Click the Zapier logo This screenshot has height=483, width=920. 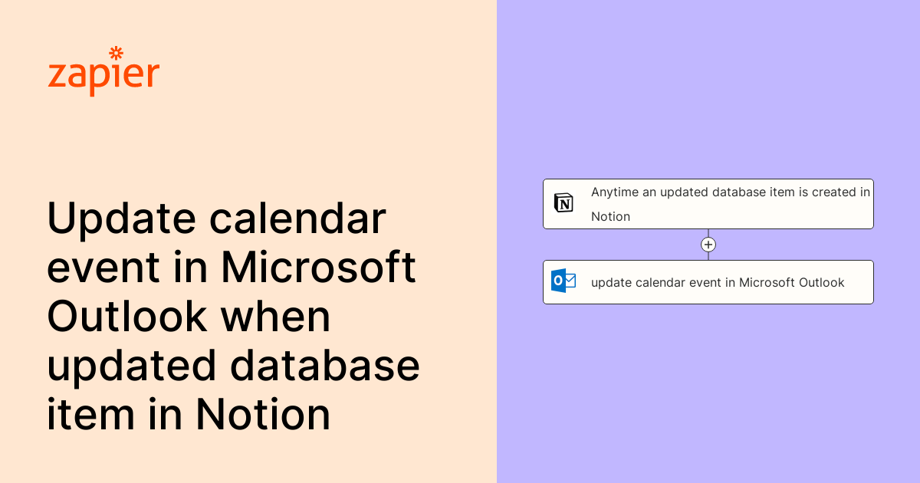pos(103,73)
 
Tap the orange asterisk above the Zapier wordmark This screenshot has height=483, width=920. pos(117,53)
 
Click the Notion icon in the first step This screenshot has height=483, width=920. pos(563,203)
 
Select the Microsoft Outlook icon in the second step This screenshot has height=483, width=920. pos(563,281)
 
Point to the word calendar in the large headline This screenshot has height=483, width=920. pos(297,220)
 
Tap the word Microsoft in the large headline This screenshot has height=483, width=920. pos(319,268)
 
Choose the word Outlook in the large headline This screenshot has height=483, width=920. pos(127,317)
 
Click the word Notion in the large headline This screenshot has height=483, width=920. pos(263,414)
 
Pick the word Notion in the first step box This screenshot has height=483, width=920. pos(610,216)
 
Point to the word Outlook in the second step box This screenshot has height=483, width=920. pos(821,282)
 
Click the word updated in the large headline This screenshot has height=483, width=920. pos(132,366)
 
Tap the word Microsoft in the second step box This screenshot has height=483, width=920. pos(767,282)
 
